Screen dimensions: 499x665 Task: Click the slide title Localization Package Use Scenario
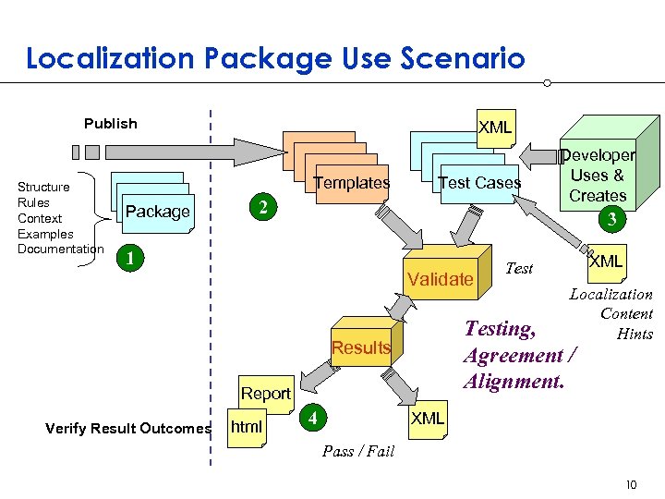pyautogui.click(x=275, y=59)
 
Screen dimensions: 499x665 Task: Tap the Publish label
pyautogui.click(x=110, y=124)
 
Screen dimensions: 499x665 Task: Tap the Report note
pyautogui.click(x=265, y=394)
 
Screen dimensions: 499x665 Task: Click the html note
pyautogui.click(x=246, y=428)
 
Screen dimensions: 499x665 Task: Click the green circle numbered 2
pyautogui.click(x=262, y=209)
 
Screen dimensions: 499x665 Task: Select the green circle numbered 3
pyautogui.click(x=609, y=219)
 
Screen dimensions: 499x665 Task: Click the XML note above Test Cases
pyautogui.click(x=494, y=128)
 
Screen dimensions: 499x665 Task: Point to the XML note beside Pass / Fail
pyautogui.click(x=427, y=419)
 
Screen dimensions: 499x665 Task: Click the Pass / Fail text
pyautogui.click(x=357, y=451)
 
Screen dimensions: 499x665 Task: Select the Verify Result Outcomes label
pyautogui.click(x=127, y=428)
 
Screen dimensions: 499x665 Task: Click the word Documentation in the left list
pyautogui.click(x=60, y=249)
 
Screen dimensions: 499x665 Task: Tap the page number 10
pyautogui.click(x=631, y=484)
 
